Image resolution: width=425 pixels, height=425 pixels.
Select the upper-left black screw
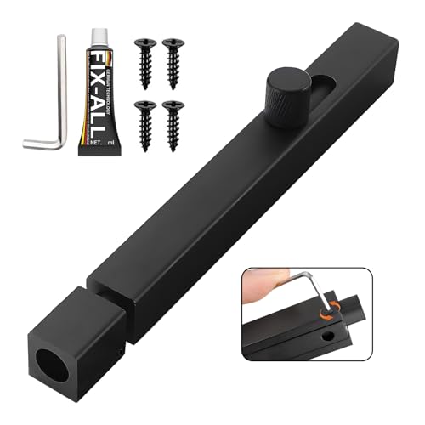tap(145, 59)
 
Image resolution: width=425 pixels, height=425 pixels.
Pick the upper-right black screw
tap(174, 59)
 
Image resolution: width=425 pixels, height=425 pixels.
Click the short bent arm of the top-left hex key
tap(39, 145)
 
